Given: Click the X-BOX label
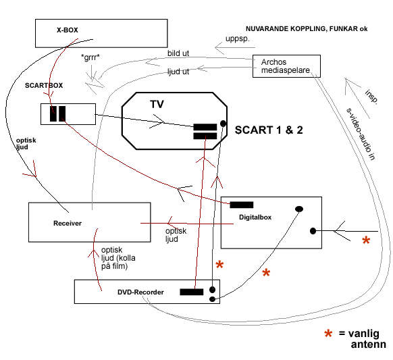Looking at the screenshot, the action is [x=67, y=30].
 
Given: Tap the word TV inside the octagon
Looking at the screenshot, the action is [x=157, y=104].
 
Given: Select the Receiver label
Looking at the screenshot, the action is [x=68, y=223].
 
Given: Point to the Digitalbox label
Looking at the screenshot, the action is [x=255, y=217].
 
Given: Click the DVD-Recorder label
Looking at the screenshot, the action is [x=140, y=292].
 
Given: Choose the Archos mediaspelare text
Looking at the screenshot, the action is [x=286, y=66].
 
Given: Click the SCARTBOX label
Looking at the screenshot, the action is [x=44, y=86].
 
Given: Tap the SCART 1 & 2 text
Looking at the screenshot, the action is [x=269, y=130].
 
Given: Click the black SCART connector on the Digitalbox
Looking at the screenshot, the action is [x=242, y=205].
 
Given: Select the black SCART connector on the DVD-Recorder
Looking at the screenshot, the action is [x=192, y=292].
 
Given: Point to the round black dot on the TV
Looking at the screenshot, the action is [x=223, y=124].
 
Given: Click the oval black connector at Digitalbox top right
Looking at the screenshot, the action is [x=299, y=209].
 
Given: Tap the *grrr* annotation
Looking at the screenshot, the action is [x=90, y=57].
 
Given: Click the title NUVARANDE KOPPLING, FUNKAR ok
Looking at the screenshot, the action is [x=307, y=29].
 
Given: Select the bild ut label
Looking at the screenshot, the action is [x=178, y=53].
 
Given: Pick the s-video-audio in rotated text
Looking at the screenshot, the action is [x=361, y=134].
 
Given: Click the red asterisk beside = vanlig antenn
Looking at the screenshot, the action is [x=328, y=334].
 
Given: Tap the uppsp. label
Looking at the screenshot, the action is [x=238, y=39].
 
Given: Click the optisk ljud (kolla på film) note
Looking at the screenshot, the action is [x=118, y=258].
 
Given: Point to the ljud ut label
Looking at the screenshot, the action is [x=178, y=72].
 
